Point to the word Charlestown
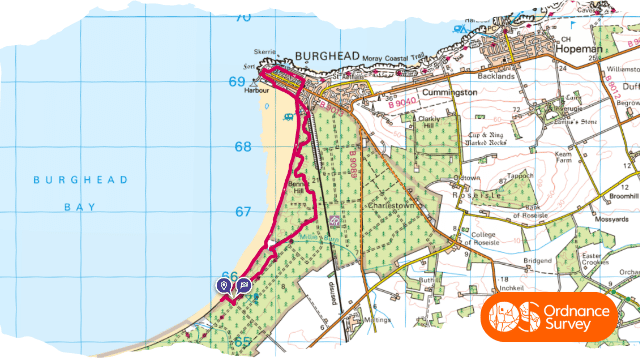pos(391,204)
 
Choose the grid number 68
pos(242,147)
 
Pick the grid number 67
pos(242,212)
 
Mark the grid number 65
pos(242,342)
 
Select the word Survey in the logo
pos(571,326)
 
